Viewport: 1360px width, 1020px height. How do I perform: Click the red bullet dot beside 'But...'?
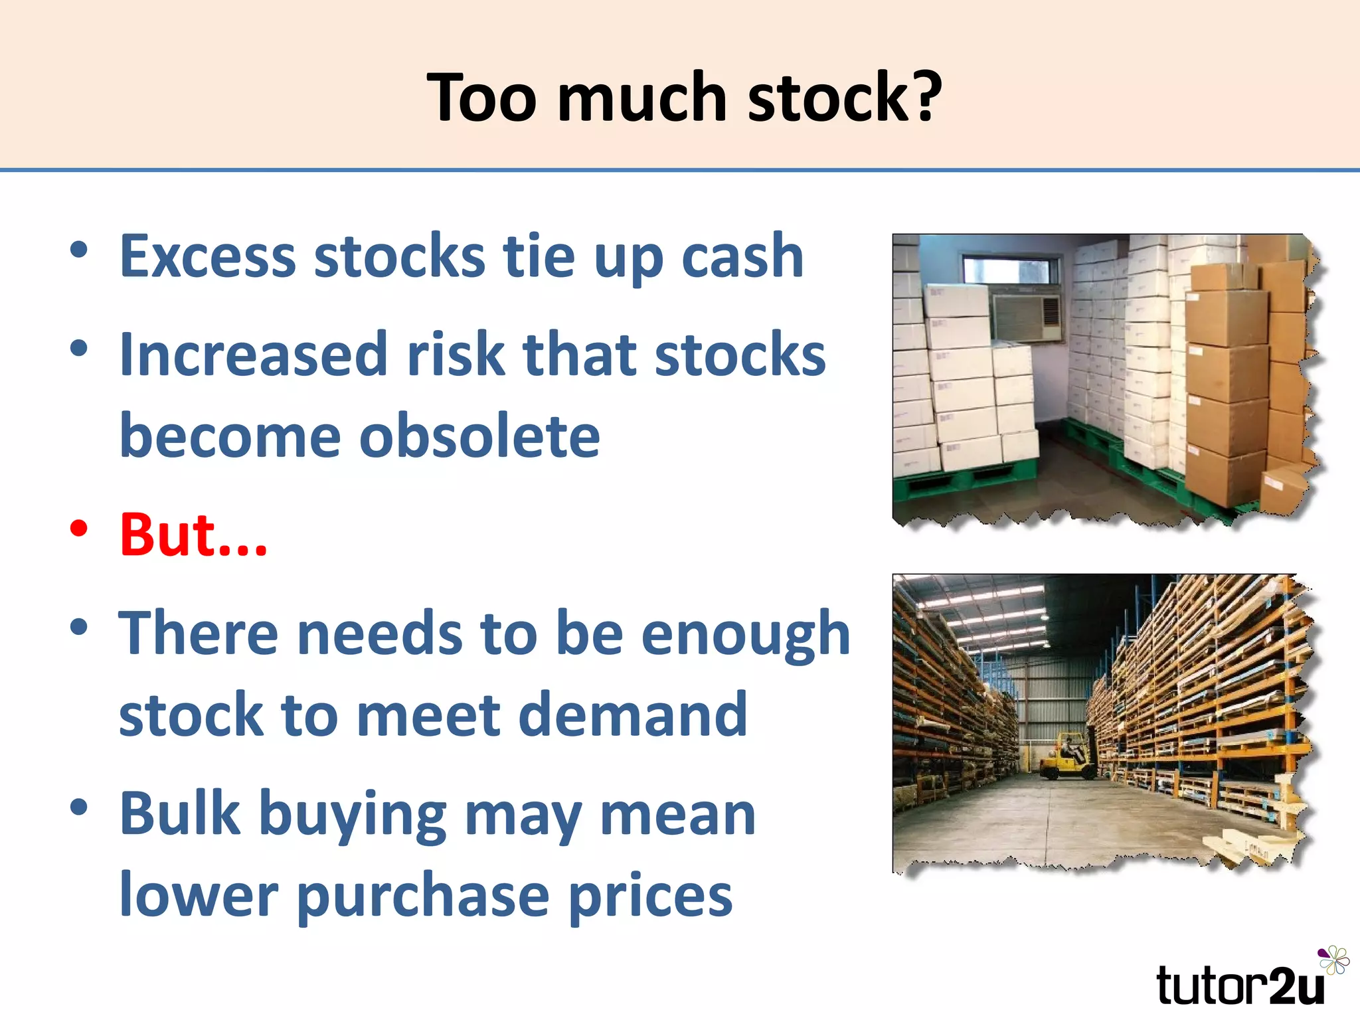[79, 529]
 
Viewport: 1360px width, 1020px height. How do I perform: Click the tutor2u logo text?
[1239, 985]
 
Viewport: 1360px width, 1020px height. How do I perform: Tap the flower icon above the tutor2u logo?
[1333, 960]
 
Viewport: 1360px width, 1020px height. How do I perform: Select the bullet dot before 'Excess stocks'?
[79, 250]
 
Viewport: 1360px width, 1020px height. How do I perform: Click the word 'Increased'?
[253, 355]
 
